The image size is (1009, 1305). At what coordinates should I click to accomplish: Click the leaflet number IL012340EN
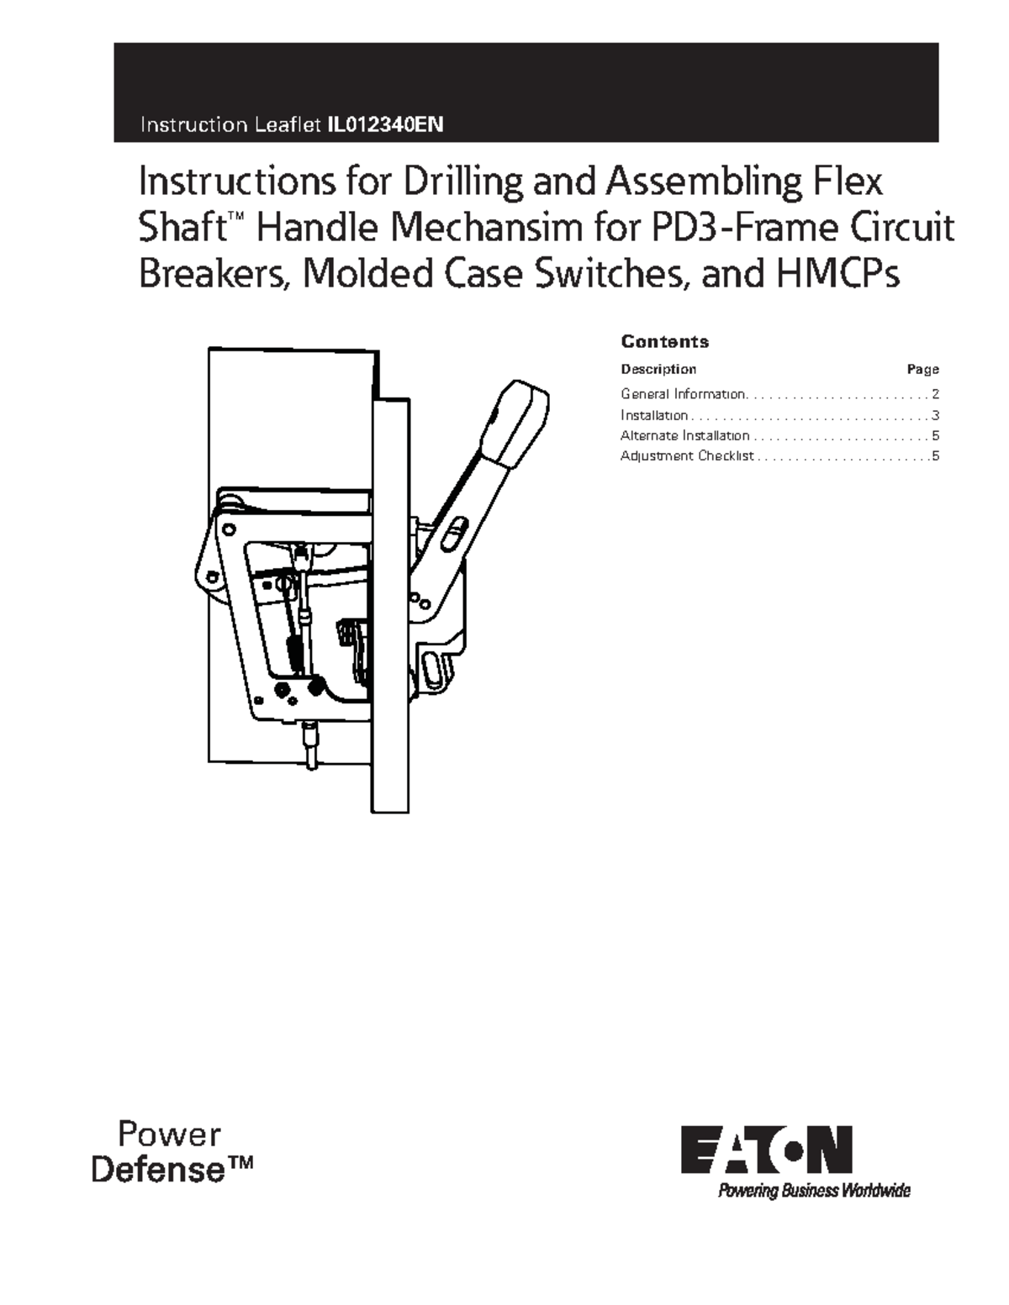[384, 126]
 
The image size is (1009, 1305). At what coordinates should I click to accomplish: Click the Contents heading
[664, 342]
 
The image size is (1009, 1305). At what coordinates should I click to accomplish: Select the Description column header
[658, 369]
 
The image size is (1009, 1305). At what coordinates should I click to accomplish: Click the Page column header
[922, 370]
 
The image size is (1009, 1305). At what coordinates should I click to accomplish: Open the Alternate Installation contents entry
[684, 435]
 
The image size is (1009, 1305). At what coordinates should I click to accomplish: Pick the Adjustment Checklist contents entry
[687, 456]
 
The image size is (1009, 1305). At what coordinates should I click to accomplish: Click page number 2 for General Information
[935, 394]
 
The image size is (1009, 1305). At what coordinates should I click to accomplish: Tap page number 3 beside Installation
[935, 415]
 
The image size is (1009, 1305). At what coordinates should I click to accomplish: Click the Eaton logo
[766, 1150]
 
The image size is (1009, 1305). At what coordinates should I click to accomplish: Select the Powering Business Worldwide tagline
[813, 1191]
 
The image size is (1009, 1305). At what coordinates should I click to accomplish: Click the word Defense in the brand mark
[158, 1169]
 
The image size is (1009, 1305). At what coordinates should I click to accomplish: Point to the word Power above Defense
[169, 1134]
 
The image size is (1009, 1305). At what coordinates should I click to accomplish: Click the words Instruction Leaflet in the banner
[230, 126]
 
